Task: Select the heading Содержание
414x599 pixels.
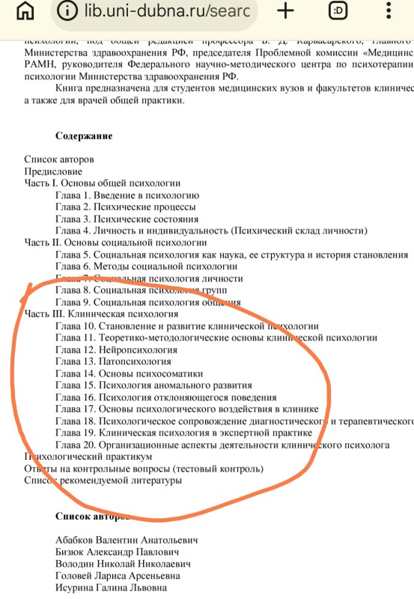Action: coord(84,136)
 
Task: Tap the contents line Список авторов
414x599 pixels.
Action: coord(59,159)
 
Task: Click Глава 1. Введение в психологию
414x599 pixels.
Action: coord(127,195)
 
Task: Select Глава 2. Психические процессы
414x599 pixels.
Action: coord(126,207)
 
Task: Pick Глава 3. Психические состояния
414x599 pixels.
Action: coord(127,219)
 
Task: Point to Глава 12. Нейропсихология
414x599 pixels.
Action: coord(116,350)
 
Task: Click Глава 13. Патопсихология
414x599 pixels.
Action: coord(113,362)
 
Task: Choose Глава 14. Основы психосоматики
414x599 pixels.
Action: coord(129,374)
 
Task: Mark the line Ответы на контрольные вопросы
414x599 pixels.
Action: coord(144,469)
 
